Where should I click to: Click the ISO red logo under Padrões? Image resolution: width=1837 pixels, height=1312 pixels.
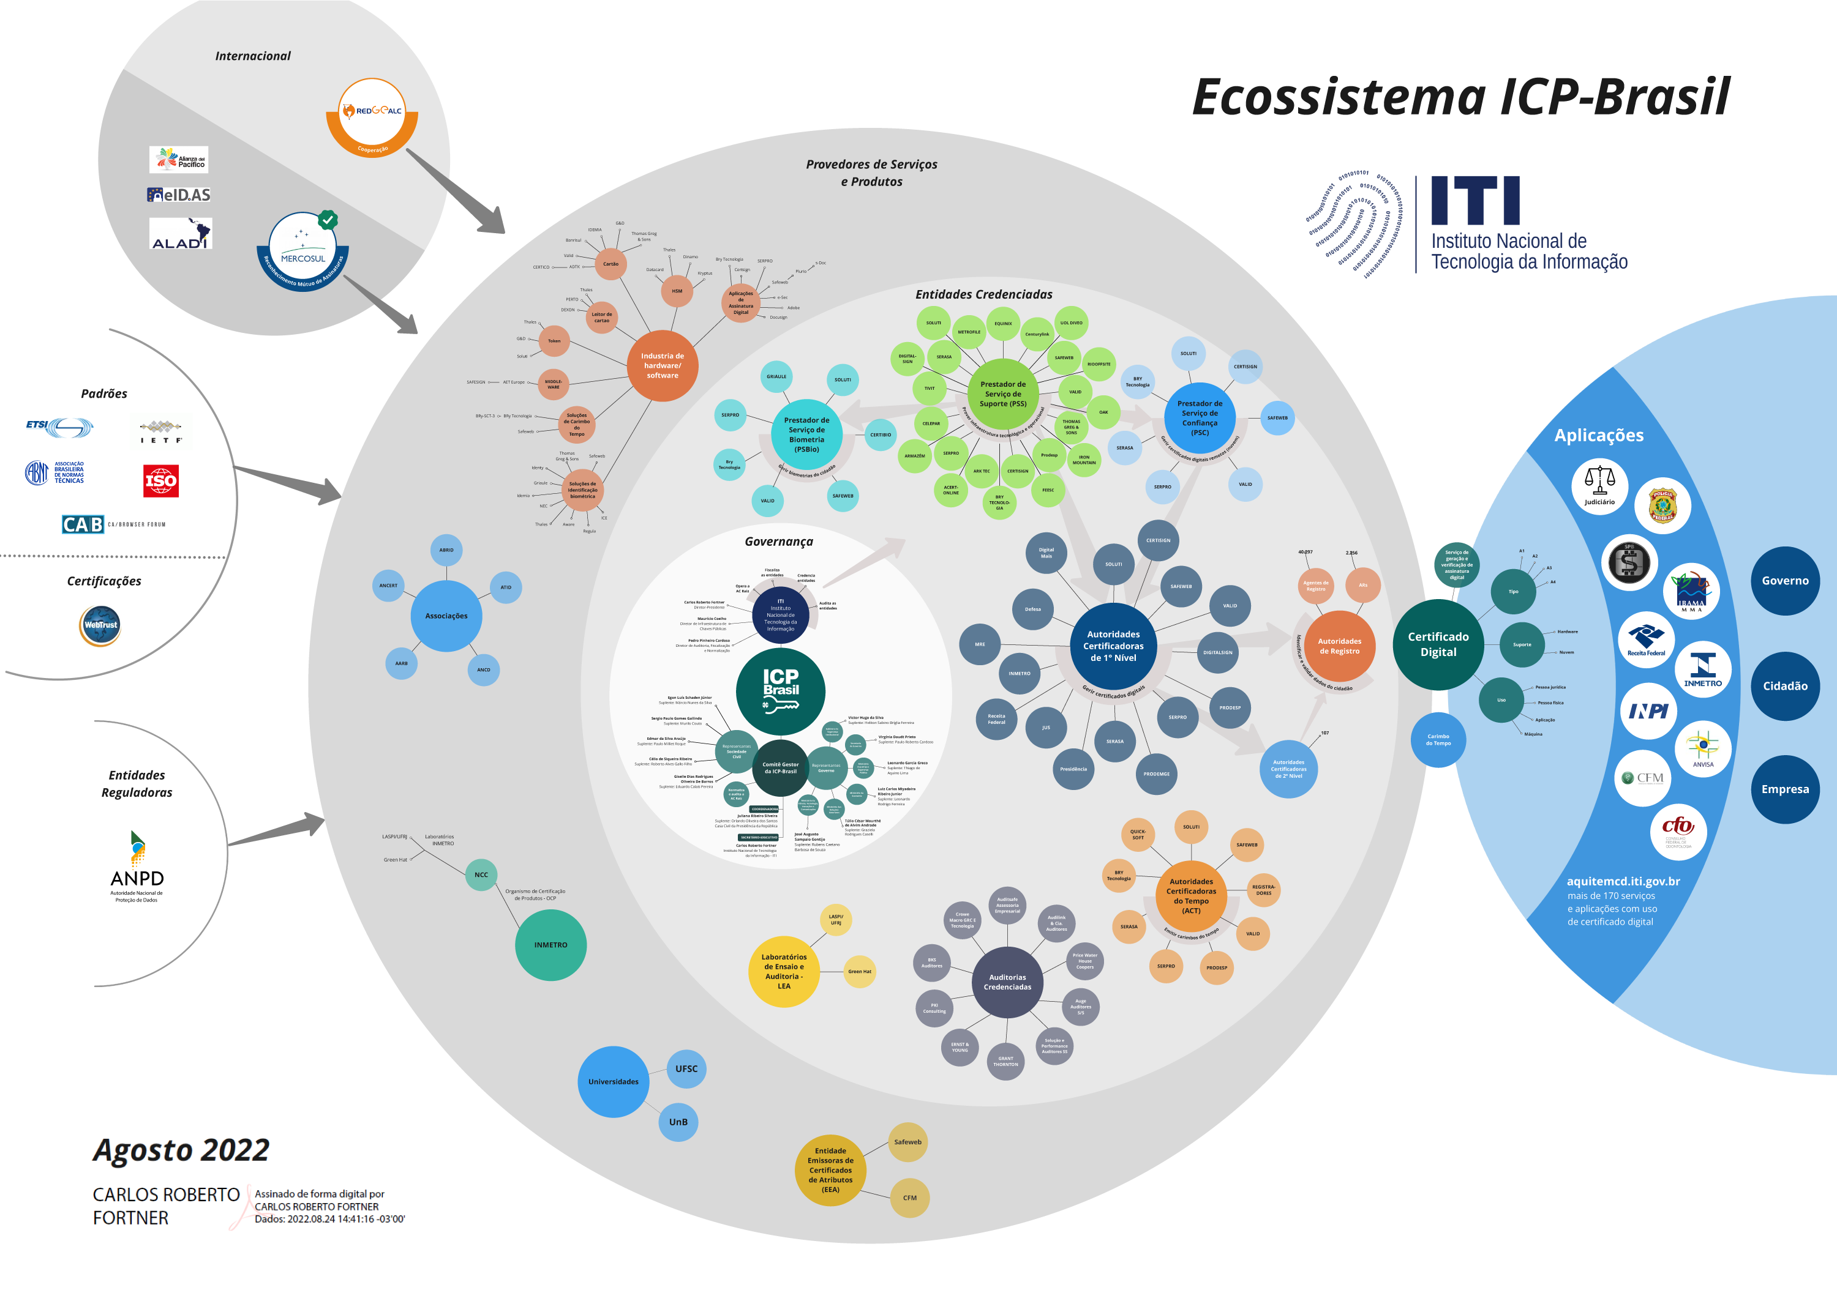tap(161, 482)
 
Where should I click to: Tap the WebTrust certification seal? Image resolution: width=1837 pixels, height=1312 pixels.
tap(100, 625)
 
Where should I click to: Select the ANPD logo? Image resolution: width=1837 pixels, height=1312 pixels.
tap(137, 868)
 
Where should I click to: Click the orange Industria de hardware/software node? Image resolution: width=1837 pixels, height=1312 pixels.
tap(662, 366)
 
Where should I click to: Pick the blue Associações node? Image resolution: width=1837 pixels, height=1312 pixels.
tap(446, 616)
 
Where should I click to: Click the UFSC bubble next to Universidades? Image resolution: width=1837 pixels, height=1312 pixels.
tap(686, 1069)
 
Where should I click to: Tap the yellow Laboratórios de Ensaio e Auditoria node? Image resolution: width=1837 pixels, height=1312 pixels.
tap(783, 971)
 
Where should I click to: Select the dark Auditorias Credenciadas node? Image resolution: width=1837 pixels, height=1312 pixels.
tap(1007, 982)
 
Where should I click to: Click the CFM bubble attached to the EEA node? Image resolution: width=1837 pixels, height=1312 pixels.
tap(909, 1198)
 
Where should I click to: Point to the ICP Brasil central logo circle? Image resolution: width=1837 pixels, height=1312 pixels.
tap(780, 691)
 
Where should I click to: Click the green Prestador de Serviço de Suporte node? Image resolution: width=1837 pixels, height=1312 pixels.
tap(1003, 394)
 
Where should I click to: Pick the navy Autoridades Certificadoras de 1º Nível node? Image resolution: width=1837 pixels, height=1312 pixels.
tap(1113, 646)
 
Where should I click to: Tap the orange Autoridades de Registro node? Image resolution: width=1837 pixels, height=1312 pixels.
tap(1339, 646)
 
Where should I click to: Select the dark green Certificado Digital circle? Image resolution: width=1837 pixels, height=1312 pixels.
tap(1438, 645)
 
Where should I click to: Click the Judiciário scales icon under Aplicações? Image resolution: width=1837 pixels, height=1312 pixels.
tap(1599, 485)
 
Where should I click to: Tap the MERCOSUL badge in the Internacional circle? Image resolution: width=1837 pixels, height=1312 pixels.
tap(302, 249)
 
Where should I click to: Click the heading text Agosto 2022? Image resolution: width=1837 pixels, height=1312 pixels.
tap(181, 1150)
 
